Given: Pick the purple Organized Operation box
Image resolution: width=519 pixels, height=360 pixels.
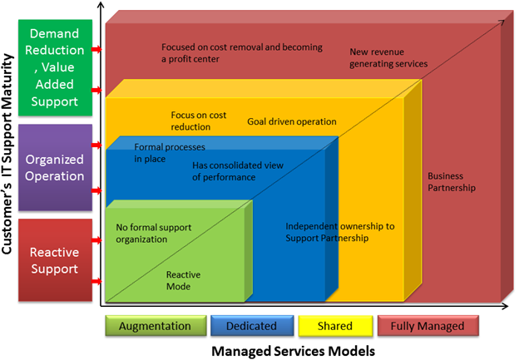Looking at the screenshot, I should coord(54,166).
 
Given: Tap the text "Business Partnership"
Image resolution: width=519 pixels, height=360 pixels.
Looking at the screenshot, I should coord(452,182).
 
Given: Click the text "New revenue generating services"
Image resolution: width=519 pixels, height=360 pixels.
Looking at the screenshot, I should coord(388,57).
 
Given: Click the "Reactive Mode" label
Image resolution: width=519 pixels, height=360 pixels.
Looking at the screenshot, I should coord(179,280).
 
